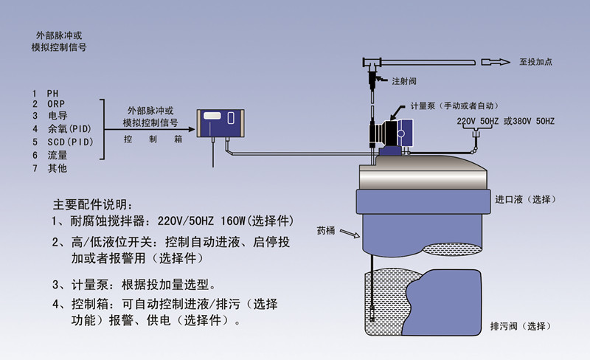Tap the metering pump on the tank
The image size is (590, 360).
click(390, 133)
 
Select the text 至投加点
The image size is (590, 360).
click(535, 62)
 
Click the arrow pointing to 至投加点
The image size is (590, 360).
click(496, 62)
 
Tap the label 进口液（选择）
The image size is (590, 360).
click(524, 200)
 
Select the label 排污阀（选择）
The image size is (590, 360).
click(520, 325)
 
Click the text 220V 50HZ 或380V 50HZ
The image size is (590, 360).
click(504, 120)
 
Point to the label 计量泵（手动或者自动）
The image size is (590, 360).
click(454, 105)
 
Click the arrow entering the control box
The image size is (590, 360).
click(188, 130)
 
